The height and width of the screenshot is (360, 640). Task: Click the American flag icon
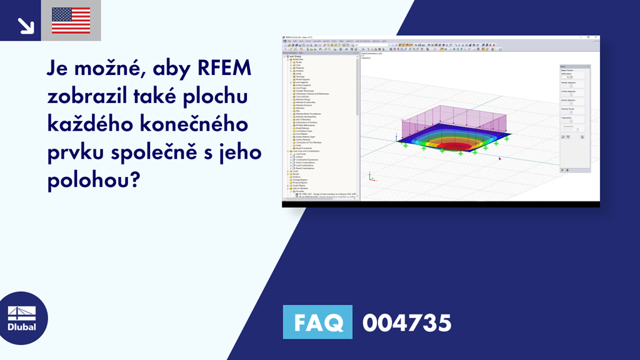click(x=71, y=21)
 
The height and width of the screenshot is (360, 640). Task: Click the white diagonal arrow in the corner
click(x=26, y=25)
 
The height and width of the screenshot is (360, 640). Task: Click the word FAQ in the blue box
click(x=317, y=322)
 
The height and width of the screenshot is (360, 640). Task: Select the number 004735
click(x=406, y=323)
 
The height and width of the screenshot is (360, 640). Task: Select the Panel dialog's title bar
click(x=574, y=66)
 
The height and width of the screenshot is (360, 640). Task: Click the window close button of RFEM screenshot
click(x=596, y=38)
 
